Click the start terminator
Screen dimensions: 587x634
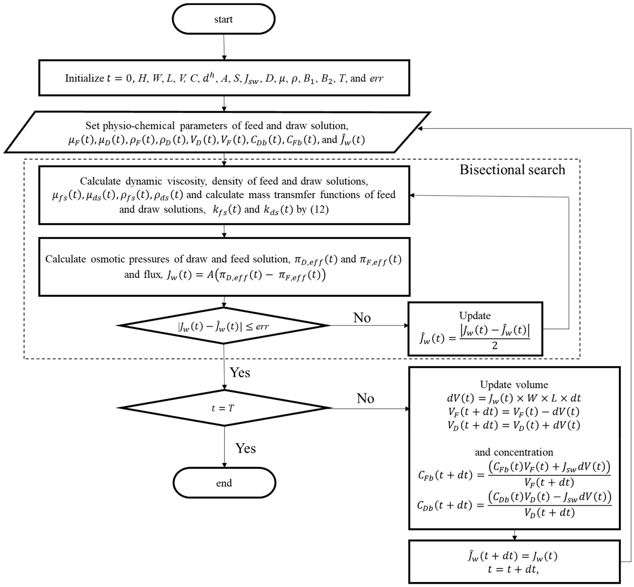coord(224,19)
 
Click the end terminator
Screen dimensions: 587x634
coord(224,483)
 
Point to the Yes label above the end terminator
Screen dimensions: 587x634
coord(245,448)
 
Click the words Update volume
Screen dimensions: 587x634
coord(514,385)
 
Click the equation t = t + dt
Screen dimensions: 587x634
coord(513,570)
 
